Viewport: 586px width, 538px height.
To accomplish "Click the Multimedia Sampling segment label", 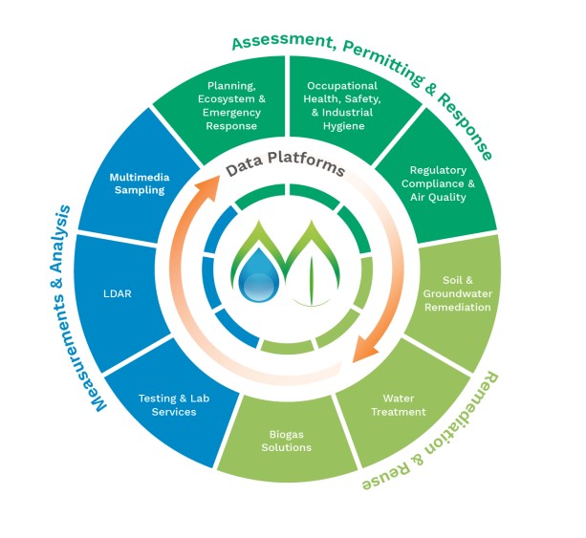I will point(137,183).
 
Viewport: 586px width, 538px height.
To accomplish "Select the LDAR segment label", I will point(119,293).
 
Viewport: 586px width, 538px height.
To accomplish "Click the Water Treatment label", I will point(403,404).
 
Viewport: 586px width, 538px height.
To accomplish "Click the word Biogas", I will point(273,434).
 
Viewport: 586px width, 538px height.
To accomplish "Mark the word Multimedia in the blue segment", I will point(137,176).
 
